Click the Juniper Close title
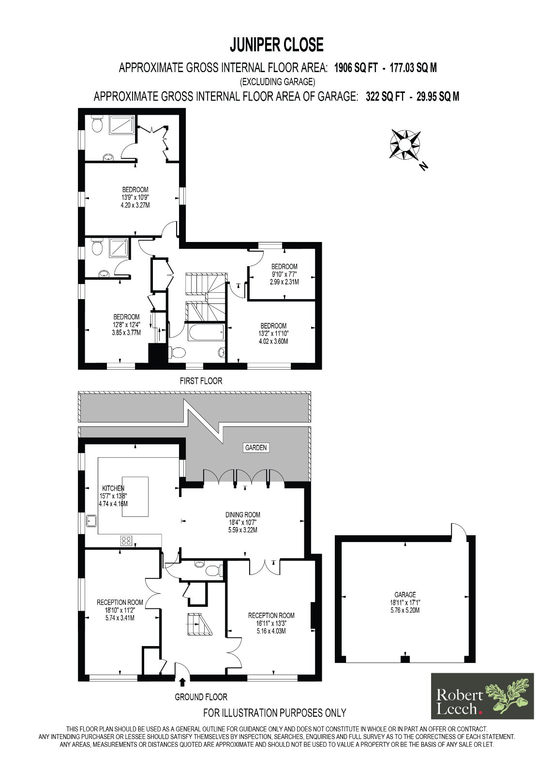coord(276,45)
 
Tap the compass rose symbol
coord(406,145)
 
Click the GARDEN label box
coord(256,448)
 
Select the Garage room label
coord(405,595)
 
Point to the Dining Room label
coord(243,515)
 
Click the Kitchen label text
coord(113,488)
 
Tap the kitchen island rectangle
coord(135,497)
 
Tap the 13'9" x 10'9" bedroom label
coord(135,197)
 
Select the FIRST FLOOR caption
coord(201,381)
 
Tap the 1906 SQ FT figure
coord(356,68)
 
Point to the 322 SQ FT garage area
coord(385,97)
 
